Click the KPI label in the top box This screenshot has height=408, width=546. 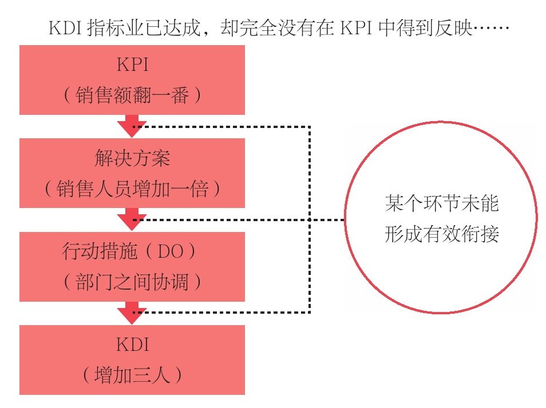[133, 65]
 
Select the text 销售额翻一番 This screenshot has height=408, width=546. [132, 95]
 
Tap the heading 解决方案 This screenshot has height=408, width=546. [132, 158]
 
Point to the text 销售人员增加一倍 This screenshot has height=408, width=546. [132, 189]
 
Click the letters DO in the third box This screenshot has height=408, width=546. [171, 251]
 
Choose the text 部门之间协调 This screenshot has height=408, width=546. [132, 282]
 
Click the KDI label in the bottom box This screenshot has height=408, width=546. [133, 345]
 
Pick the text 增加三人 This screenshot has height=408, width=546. [132, 375]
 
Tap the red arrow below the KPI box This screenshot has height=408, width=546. [132, 126]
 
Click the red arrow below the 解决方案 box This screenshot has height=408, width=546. [132, 219]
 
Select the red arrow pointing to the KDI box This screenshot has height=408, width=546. [132, 313]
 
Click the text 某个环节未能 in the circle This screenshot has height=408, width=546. [442, 203]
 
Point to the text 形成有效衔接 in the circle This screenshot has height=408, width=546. [442, 234]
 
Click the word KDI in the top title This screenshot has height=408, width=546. [65, 28]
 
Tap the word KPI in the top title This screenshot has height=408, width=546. [356, 28]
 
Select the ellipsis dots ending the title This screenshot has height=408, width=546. [491, 28]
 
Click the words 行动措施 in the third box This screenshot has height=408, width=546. [100, 251]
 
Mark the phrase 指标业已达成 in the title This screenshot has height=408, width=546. [144, 28]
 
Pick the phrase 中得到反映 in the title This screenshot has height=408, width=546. [425, 28]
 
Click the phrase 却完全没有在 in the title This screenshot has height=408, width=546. [278, 28]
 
